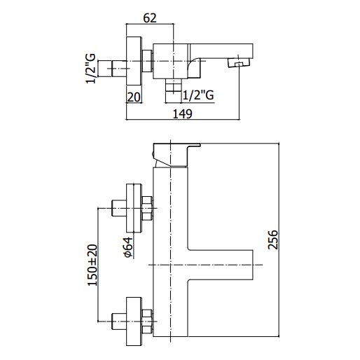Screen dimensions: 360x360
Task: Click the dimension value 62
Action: tap(150, 18)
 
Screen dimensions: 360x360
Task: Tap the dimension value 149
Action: tap(182, 114)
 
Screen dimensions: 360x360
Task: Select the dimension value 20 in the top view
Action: tap(134, 97)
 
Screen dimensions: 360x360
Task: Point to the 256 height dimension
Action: tap(273, 240)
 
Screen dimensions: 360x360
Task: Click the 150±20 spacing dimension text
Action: tap(92, 265)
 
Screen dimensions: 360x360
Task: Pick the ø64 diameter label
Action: tap(128, 247)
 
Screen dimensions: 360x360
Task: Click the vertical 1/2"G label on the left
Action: tap(91, 69)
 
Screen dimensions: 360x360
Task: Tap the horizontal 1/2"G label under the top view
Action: tap(198, 95)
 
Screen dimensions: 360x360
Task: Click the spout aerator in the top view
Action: tap(238, 63)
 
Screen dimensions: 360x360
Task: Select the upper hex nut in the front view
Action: tap(147, 208)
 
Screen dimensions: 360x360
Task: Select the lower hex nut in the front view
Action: tap(147, 321)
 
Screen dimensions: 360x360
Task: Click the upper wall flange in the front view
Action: tap(134, 208)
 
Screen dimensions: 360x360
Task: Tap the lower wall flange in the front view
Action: tap(134, 321)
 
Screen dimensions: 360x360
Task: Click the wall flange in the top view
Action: tap(134, 61)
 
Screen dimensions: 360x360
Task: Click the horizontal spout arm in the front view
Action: tap(221, 265)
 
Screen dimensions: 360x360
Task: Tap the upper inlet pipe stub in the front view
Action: tap(119, 208)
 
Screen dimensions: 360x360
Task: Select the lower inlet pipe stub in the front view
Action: tap(119, 321)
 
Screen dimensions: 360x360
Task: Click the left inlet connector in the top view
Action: tap(112, 69)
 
